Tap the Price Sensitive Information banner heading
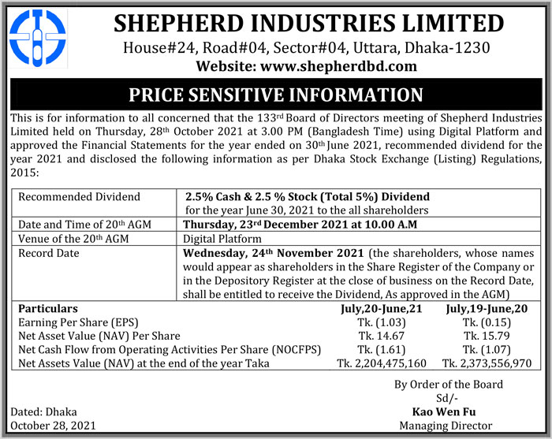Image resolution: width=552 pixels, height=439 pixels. tap(275, 96)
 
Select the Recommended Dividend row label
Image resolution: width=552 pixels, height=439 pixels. tap(78, 196)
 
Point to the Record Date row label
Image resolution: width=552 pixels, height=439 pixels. tap(50, 255)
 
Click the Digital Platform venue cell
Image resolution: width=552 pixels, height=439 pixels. tap(222, 239)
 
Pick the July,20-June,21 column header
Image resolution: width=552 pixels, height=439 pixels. tap(376, 309)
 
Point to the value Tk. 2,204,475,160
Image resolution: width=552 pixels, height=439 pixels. tap(382, 363)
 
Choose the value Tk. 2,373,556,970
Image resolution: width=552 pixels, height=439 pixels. tap(488, 363)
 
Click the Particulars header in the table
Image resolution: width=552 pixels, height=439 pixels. tap(48, 309)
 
